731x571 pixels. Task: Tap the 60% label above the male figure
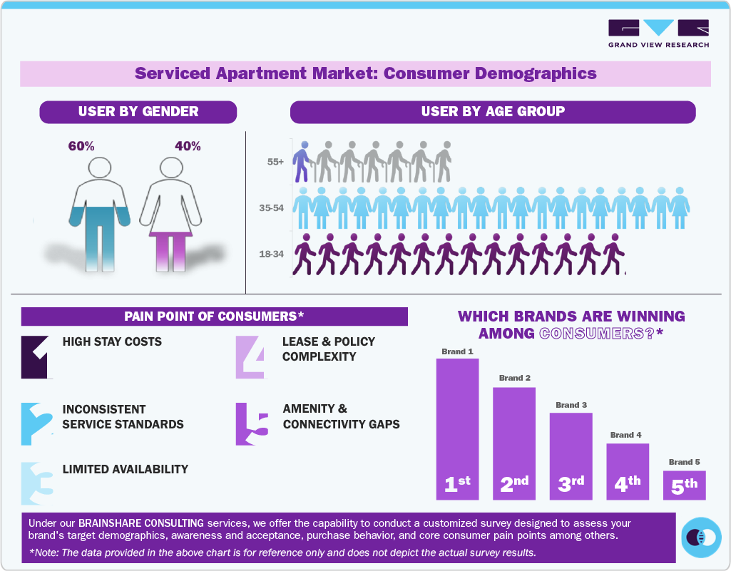81,146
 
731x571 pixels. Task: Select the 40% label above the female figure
188,146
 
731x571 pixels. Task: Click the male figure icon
101,214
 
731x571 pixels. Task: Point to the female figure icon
170,214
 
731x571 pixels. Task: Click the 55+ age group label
275,162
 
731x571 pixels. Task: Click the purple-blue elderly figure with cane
303,162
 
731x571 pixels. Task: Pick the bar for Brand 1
457,428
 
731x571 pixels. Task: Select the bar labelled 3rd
571,456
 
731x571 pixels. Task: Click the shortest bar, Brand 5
684,485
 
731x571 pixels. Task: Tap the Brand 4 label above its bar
626,435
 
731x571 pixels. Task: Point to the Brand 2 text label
514,378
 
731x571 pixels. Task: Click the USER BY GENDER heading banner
138,112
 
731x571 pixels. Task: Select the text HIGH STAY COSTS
112,341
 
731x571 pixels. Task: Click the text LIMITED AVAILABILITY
126,469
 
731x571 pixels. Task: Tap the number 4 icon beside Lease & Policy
250,356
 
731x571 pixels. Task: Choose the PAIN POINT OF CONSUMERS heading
214,317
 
